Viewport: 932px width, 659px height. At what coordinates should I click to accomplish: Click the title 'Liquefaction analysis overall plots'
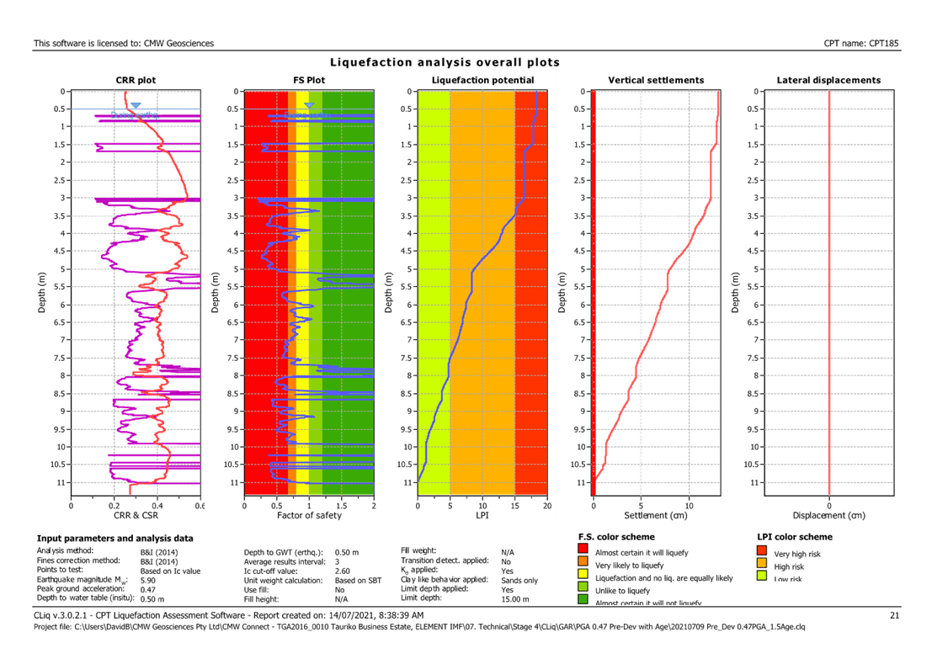445,62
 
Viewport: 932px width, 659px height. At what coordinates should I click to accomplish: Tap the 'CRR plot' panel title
136,80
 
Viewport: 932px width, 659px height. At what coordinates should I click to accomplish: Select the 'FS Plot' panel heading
309,80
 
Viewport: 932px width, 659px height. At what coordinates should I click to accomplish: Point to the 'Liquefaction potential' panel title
482,80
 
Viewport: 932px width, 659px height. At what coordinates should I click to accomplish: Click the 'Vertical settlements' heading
656,80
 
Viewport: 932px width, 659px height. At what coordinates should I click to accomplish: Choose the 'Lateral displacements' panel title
829,80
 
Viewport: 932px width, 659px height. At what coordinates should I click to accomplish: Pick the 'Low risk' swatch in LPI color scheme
763,577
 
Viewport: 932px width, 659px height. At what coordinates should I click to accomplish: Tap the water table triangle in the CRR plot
136,106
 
